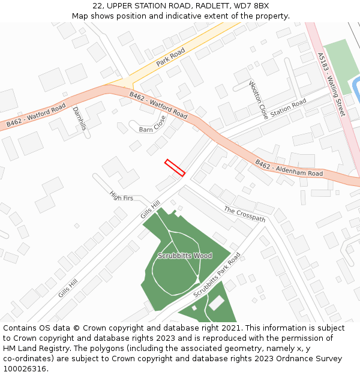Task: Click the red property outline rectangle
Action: [x=175, y=168]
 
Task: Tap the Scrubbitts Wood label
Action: [x=185, y=256]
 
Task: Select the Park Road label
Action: [x=170, y=58]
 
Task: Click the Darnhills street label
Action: [x=79, y=119]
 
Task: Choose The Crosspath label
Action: [x=244, y=214]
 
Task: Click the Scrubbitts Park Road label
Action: [x=217, y=275]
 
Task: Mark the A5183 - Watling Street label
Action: [x=332, y=84]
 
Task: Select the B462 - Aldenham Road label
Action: [x=289, y=169]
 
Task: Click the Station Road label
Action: [x=288, y=109]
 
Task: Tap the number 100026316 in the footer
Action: [x=25, y=368]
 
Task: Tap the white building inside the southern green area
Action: [x=216, y=304]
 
